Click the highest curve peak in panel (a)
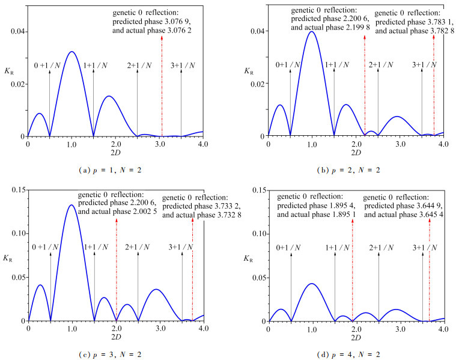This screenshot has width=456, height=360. [71, 52]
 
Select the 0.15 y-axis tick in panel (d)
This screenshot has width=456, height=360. [253, 190]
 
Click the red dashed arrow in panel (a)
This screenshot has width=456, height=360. [162, 84]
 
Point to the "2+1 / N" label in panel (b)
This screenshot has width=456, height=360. [378, 64]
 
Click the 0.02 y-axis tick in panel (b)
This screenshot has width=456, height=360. [254, 84]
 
